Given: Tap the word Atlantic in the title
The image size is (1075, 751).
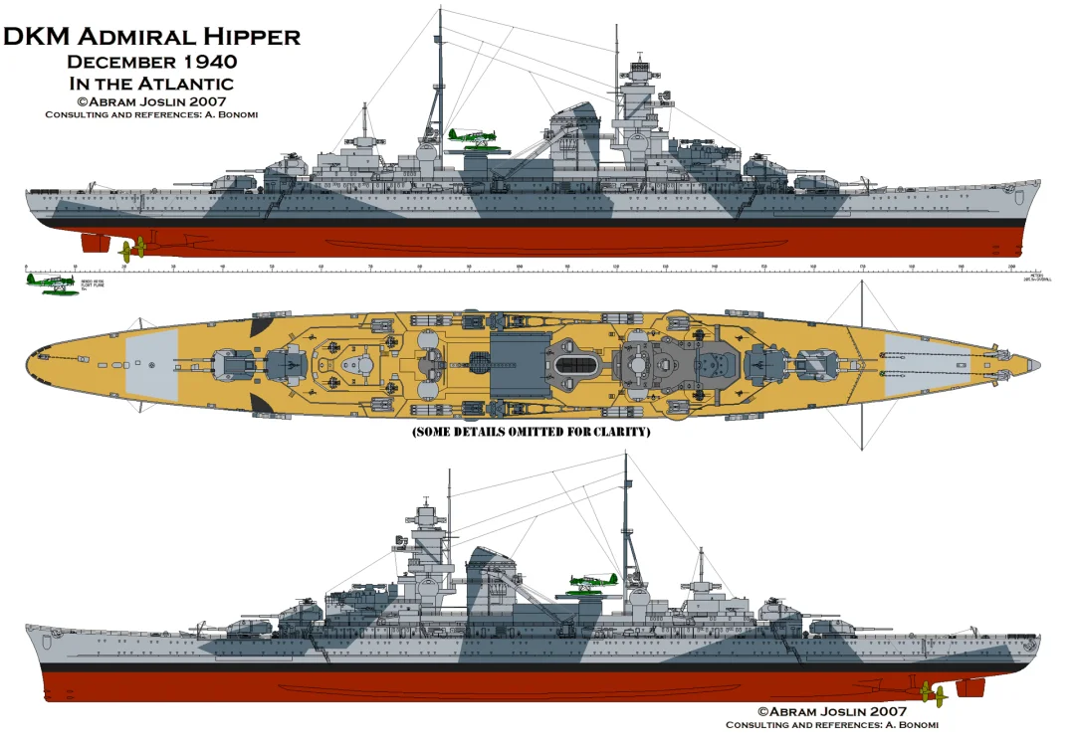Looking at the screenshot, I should click(187, 84).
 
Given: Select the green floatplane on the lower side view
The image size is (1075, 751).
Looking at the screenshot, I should click(591, 582).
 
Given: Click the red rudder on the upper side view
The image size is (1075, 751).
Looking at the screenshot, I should click(95, 243).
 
